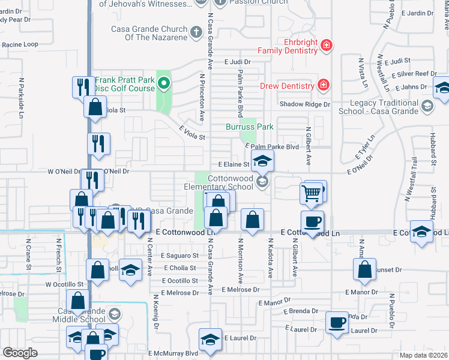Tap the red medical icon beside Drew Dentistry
click(323, 86)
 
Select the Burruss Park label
click(250, 127)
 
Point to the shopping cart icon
click(312, 193)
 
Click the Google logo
click(20, 353)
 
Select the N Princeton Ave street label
click(202, 97)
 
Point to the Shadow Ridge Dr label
click(305, 104)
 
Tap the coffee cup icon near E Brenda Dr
click(337, 323)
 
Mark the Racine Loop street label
click(20, 44)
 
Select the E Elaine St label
click(234, 163)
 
